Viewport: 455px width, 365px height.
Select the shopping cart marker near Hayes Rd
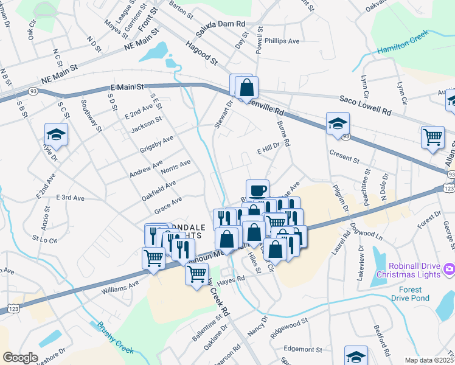tap(196, 276)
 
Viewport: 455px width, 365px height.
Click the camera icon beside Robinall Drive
tap(449, 268)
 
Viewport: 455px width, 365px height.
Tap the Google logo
tap(21, 358)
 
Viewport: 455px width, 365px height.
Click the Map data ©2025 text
tap(429, 360)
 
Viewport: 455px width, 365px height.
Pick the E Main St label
tap(127, 88)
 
